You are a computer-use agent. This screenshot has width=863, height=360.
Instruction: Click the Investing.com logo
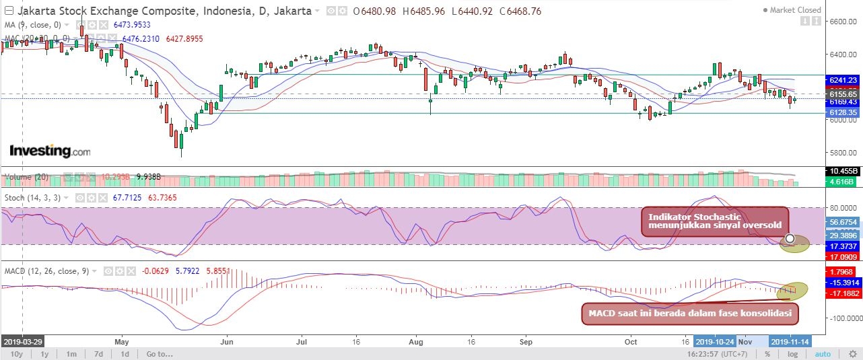49,151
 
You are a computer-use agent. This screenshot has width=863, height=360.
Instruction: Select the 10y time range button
17,354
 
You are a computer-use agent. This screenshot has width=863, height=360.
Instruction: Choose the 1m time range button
71,354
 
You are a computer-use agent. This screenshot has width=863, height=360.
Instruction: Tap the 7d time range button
98,354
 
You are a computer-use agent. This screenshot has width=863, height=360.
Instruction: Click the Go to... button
160,354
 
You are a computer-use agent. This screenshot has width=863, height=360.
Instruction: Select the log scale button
793,354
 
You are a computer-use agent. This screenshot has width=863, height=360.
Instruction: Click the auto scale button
823,354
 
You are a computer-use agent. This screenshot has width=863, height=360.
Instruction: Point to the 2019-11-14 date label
790,341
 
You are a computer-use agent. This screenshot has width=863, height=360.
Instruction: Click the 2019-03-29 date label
22,341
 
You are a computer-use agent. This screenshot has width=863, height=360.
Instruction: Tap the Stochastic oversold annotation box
714,221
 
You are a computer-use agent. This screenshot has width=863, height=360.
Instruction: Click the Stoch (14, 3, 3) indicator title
34,199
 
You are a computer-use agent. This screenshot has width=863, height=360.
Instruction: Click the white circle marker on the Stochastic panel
789,238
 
